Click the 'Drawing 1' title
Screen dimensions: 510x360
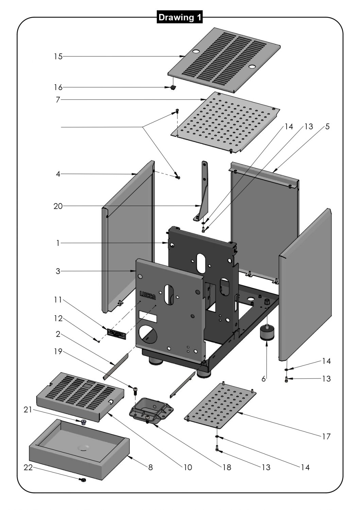pos(180,17)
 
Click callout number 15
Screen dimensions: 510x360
pos(58,56)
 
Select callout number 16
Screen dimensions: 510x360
pos(58,87)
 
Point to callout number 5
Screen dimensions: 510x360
pos(327,126)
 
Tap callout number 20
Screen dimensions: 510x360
pos(58,206)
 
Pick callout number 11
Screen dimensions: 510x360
pos(58,300)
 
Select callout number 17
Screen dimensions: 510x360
pos(326,436)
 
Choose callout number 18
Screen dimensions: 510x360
pos(227,468)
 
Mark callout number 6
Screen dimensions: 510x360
pos(264,379)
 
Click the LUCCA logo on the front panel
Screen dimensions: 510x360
pos(148,295)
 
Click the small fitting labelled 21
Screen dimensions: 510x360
pos(83,422)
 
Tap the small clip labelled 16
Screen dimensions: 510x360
pos(173,88)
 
